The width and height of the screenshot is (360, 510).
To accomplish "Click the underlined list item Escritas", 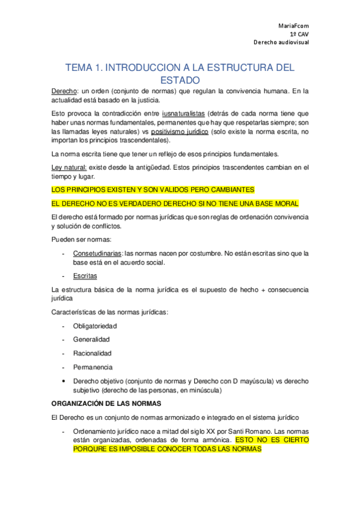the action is tap(85, 275).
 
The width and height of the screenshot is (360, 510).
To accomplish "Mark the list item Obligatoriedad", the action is tap(94, 325).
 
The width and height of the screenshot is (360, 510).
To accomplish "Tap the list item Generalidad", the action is tap(91, 339).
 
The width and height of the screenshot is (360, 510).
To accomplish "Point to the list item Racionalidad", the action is tap(92, 353).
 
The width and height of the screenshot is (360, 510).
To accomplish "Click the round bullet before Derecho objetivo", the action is tap(63, 381).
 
